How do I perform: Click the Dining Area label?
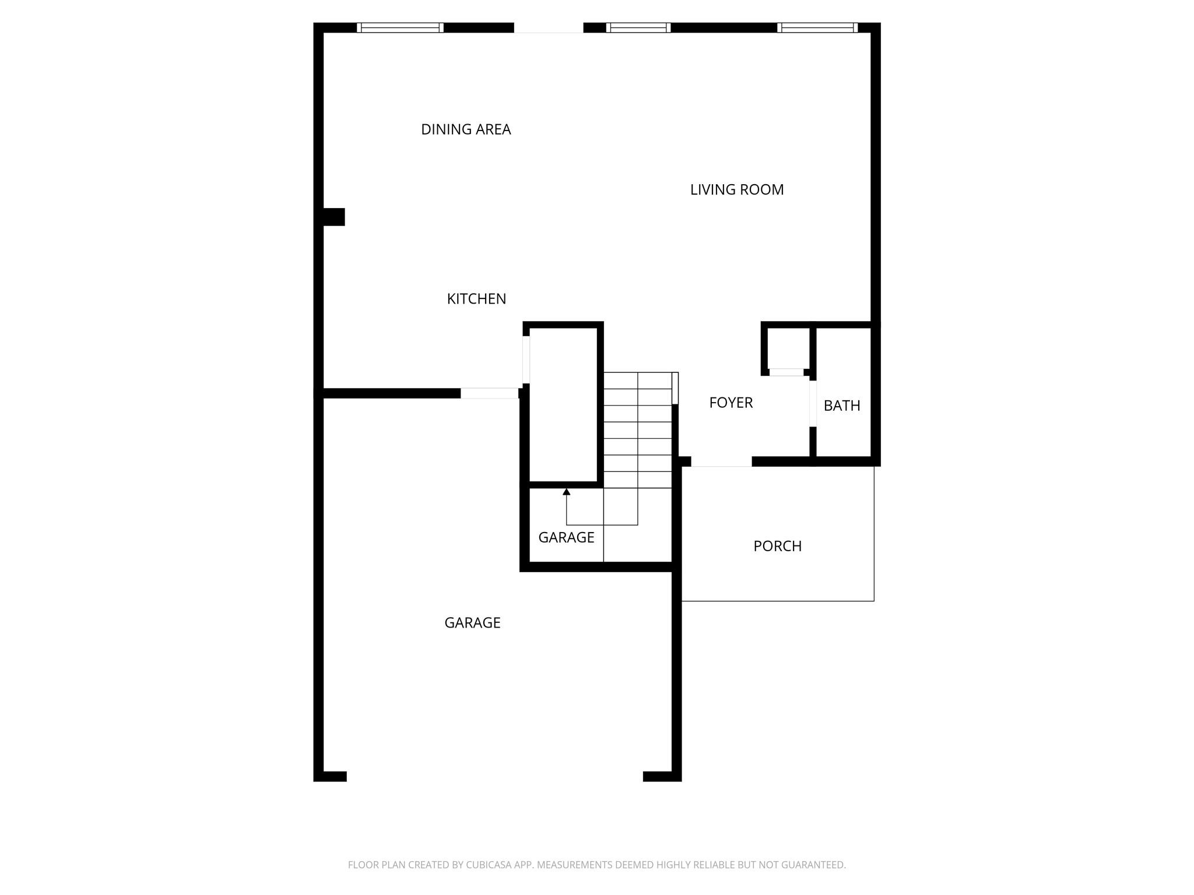(466, 129)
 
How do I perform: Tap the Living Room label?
(737, 190)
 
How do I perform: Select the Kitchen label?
(476, 299)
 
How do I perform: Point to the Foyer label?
(731, 403)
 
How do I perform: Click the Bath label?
(842, 406)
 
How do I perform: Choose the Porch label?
(777, 546)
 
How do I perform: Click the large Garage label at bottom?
(472, 623)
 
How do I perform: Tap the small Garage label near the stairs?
(566, 537)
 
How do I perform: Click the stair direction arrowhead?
(566, 492)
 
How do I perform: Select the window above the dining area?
(400, 27)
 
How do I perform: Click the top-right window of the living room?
(817, 27)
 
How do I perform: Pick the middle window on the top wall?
(638, 27)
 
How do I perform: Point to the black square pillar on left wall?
(334, 217)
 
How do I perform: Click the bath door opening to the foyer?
(813, 403)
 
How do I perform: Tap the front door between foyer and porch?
(721, 462)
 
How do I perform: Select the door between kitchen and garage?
(490, 393)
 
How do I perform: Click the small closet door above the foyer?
(786, 372)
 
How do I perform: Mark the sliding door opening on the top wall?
(549, 28)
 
